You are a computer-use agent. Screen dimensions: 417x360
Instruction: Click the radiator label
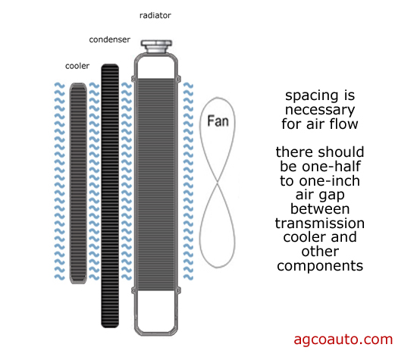pos(155,15)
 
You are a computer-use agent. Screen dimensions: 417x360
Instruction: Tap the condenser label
pos(110,39)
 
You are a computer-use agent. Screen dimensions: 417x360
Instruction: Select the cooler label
pos(77,66)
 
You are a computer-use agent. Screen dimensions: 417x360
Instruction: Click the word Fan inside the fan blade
pos(218,121)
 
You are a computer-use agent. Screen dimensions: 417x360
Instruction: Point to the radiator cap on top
pos(156,46)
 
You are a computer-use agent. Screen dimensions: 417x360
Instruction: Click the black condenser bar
pos(110,196)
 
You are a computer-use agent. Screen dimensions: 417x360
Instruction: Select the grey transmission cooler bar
pos(78,183)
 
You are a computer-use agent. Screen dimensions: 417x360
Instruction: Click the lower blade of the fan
pos(218,226)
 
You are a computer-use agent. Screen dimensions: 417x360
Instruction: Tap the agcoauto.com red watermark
pos(343,340)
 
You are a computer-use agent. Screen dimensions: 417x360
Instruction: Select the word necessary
pos(320,110)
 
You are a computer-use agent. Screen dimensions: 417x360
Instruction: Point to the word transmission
pos(320,224)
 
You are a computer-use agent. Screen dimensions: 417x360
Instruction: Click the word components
pos(320,266)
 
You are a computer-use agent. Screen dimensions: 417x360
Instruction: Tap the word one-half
pos(331,167)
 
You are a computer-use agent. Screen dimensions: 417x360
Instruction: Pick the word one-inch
pos(330,181)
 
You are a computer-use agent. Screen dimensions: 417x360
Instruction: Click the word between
pos(320,209)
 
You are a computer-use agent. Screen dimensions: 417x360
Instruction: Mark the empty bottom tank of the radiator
pos(156,311)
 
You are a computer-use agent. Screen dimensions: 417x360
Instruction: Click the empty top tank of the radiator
pos(156,67)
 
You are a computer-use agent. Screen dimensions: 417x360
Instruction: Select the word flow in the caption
pos(343,124)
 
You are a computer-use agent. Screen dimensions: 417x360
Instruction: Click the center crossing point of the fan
pos(218,183)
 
